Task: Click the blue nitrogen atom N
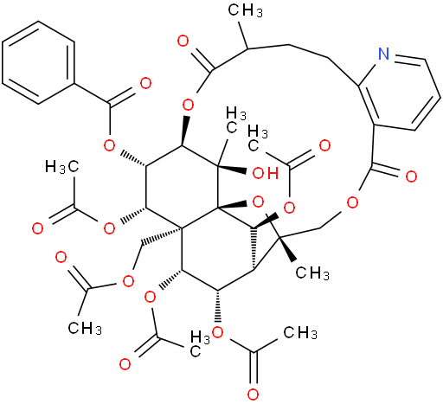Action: tap(383, 54)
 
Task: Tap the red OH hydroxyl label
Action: tap(266, 174)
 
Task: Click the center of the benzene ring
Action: tap(38, 62)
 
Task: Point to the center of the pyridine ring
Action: tap(400, 93)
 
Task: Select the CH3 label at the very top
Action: tap(246, 10)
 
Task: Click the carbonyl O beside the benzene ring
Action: tap(145, 83)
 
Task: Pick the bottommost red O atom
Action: tap(253, 394)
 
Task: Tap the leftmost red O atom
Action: tap(37, 228)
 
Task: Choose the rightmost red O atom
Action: tap(411, 176)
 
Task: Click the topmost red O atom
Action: tap(183, 41)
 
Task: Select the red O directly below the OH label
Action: tap(258, 202)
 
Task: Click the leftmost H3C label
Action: tap(62, 167)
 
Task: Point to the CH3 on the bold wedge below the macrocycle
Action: tap(312, 273)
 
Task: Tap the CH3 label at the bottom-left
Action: tap(85, 328)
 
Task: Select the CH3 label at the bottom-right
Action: tap(300, 333)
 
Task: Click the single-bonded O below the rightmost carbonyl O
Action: tap(352, 202)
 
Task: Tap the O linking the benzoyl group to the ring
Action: tap(109, 146)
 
